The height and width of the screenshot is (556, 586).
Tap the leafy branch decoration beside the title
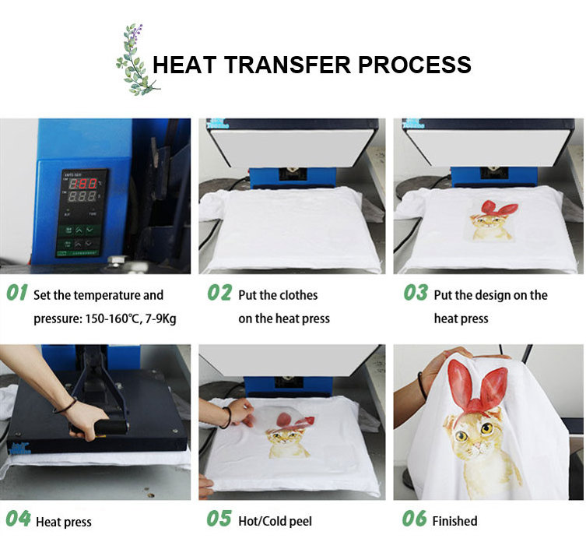[136, 60]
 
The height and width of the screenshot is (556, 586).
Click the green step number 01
[17, 292]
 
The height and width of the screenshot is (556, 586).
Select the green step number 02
[219, 292]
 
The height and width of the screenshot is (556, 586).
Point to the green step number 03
[416, 292]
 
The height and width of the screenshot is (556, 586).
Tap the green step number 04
[18, 519]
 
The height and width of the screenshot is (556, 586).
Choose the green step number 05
[219, 519]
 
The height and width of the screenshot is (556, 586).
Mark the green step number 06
[414, 519]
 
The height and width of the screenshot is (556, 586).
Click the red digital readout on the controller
[84, 184]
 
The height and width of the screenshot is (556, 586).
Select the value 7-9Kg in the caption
[160, 319]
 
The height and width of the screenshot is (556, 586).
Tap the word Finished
[454, 521]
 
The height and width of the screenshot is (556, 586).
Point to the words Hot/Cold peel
[275, 521]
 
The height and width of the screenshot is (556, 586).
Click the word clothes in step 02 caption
[297, 295]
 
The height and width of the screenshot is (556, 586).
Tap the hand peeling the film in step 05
[239, 411]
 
